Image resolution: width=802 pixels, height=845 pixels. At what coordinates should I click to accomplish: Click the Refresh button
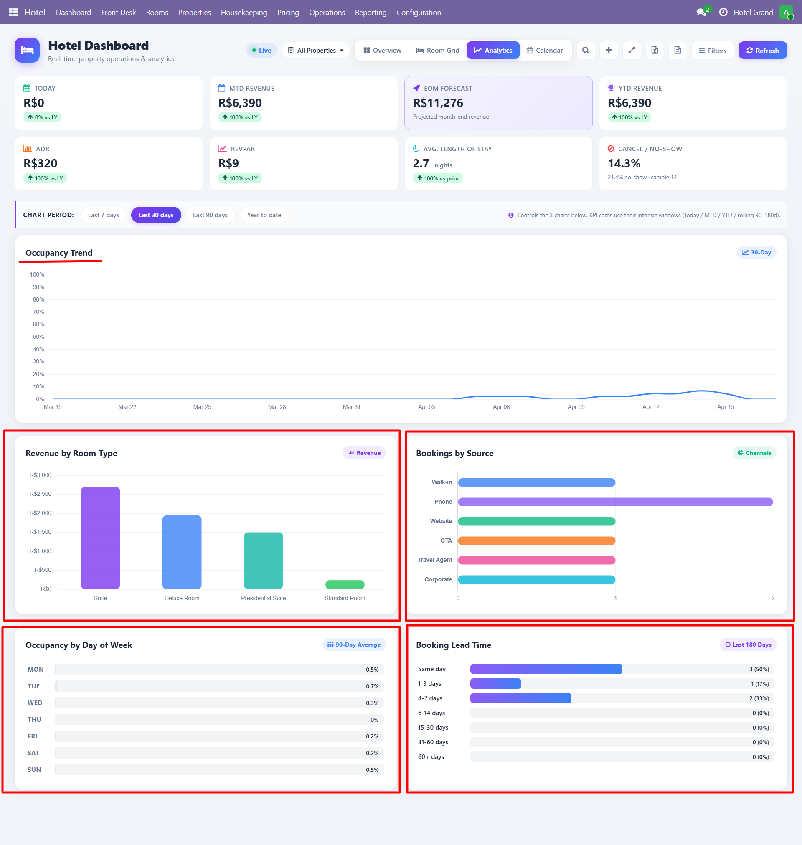[762, 51]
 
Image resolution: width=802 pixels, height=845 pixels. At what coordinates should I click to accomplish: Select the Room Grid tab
[437, 51]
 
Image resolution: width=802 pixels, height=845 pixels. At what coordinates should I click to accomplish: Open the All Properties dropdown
[315, 51]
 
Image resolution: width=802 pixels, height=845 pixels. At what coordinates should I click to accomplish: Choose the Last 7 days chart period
[104, 215]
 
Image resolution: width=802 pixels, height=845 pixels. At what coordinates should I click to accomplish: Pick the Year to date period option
[264, 215]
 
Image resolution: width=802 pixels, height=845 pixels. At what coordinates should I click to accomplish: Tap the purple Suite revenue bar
[101, 538]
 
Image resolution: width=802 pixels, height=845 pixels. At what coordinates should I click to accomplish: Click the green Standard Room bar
[345, 584]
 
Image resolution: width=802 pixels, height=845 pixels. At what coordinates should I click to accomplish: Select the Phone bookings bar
[615, 502]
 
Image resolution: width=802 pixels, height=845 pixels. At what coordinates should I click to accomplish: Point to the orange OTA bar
[536, 540]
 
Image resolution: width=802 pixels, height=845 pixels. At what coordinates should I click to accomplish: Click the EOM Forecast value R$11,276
[438, 103]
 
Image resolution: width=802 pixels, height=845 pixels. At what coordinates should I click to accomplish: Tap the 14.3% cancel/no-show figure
[624, 164]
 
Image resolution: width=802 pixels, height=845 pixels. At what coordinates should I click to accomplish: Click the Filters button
[712, 51]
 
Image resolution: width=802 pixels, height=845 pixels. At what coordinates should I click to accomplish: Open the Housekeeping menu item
[244, 13]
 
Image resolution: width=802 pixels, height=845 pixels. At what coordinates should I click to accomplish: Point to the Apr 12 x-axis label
[650, 407]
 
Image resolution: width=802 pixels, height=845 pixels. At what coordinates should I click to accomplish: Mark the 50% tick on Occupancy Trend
[38, 337]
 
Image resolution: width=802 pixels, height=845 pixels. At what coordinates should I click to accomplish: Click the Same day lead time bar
[546, 669]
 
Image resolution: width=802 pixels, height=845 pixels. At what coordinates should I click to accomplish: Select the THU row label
[34, 719]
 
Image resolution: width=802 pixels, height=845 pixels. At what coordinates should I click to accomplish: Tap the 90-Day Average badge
[353, 645]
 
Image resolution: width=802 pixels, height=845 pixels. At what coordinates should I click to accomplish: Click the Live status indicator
[261, 51]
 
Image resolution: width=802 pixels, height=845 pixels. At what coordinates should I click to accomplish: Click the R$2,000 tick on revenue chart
[40, 513]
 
